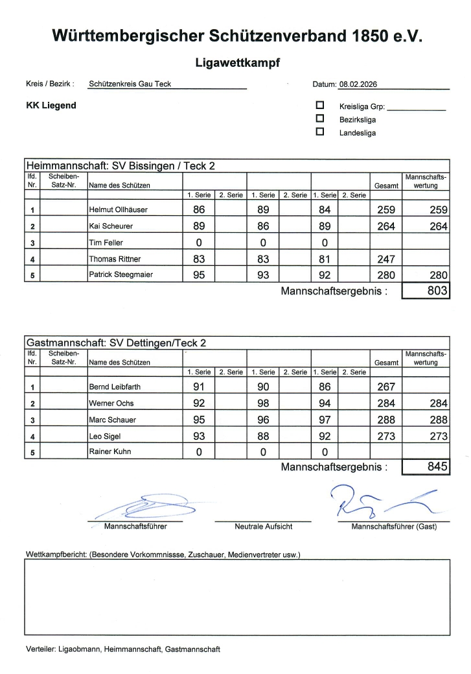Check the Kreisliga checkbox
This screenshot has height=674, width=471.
tap(319, 104)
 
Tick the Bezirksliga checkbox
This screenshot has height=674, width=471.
tap(319, 118)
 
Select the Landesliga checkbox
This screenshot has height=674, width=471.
tap(319, 132)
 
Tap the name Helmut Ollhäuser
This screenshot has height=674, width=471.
tap(118, 210)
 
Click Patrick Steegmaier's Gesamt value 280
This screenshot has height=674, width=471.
tap(385, 275)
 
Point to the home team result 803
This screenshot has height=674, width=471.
tap(438, 291)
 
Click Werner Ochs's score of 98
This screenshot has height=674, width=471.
tap(262, 403)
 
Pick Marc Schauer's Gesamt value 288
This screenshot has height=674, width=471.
tap(385, 420)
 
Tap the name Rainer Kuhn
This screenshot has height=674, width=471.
tap(109, 451)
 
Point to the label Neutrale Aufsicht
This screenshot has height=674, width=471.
tap(263, 527)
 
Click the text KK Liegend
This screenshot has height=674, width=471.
tap(51, 105)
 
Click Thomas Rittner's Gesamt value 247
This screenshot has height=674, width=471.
tap(385, 259)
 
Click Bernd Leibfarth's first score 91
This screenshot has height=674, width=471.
tap(198, 387)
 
